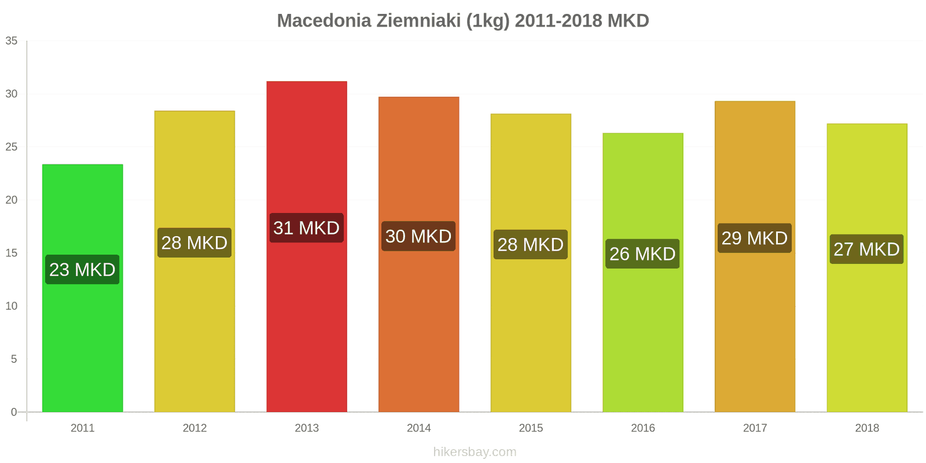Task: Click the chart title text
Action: pos(463,21)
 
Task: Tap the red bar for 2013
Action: pos(307,324)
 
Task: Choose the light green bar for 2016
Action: pos(642,336)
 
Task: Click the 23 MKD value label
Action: pos(82,270)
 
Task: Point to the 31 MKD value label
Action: pos(307,228)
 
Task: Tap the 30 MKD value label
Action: pos(418,236)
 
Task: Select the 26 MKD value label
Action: pos(642,253)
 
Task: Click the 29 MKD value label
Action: pos(755,238)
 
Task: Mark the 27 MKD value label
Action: pos(866,249)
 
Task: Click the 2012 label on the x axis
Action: pos(194,428)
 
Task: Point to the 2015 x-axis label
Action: pos(531,428)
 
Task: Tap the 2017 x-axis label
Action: pos(755,428)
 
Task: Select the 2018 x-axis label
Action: pos(867,428)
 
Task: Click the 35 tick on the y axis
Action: pos(12,41)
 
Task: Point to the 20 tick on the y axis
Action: pos(12,200)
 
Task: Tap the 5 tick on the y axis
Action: pos(14,359)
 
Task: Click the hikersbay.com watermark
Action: pos(475,452)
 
